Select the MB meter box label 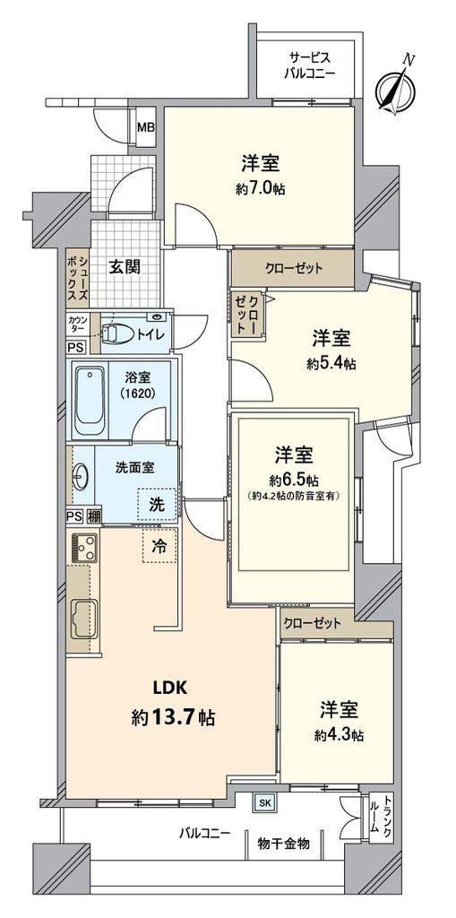pos(146,126)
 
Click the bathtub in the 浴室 pos(90,401)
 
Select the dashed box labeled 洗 pos(156,505)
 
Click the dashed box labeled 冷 pos(159,546)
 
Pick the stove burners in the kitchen pos(83,548)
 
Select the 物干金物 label pos(284,844)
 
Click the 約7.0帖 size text pos(258,190)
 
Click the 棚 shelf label pos(94,516)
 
